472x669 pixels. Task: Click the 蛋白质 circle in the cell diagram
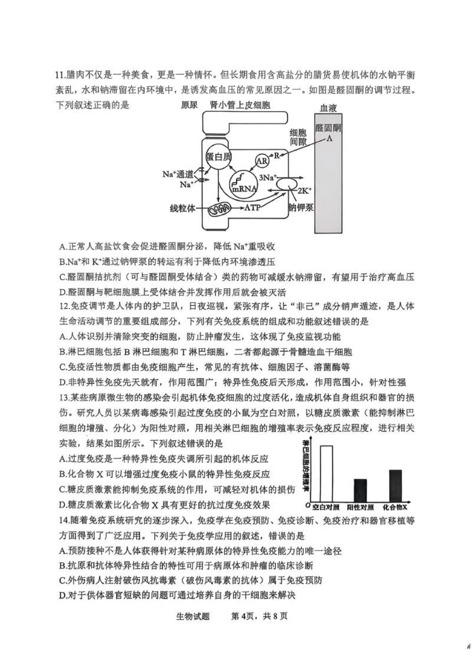pyautogui.click(x=218, y=156)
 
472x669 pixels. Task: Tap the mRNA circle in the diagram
pyautogui.click(x=244, y=184)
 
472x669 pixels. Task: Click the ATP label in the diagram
pyautogui.click(x=259, y=209)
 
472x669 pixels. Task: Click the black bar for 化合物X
pyautogui.click(x=395, y=485)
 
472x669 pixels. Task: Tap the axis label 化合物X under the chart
pyautogui.click(x=395, y=507)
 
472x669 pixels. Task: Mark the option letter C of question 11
pyautogui.click(x=63, y=277)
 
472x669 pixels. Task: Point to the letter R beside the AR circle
pyautogui.click(x=276, y=156)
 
